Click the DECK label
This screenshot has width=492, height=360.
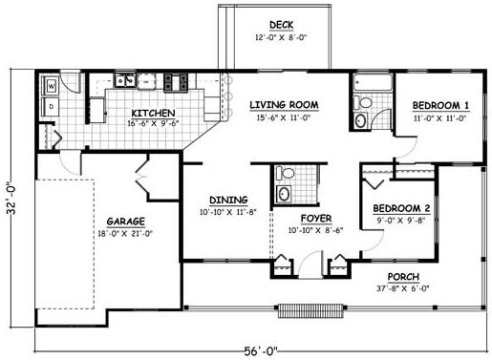[x=280, y=25]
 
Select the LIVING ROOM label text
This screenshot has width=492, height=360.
[x=284, y=104]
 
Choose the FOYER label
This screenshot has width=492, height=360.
[x=316, y=218]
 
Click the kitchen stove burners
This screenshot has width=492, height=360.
[x=176, y=80]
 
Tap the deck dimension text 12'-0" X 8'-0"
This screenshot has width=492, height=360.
[x=280, y=38]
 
